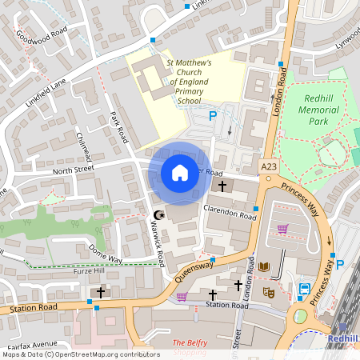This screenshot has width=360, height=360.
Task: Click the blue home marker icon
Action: pyautogui.click(x=180, y=172)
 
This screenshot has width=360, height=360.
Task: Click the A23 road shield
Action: pyautogui.click(x=270, y=166)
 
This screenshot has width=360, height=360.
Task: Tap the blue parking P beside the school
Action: pyautogui.click(x=213, y=116)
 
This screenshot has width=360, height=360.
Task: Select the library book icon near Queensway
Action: pyautogui.click(x=265, y=266)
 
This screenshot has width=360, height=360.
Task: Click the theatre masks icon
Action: pyautogui.click(x=270, y=292)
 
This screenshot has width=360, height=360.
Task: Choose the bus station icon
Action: pyautogui.click(x=305, y=289)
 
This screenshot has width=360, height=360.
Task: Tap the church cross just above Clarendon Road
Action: pyautogui.click(x=222, y=186)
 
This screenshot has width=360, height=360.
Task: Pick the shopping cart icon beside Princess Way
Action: pyautogui.click(x=282, y=229)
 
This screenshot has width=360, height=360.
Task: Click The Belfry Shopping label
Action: pyautogui.click(x=190, y=347)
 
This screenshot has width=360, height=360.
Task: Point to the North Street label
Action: pyautogui.click(x=74, y=170)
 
